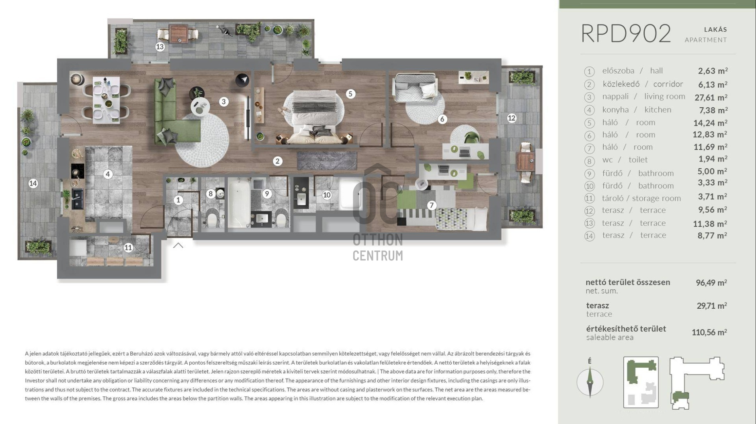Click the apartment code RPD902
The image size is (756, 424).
click(626, 33)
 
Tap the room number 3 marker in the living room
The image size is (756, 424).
click(224, 102)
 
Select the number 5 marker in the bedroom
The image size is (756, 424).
click(350, 94)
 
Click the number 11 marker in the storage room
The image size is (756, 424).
click(128, 248)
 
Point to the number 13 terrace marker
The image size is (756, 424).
click(160, 47)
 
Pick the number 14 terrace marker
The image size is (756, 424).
click(33, 184)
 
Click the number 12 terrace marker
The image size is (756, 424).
click(511, 118)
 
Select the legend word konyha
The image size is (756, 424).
click(615, 110)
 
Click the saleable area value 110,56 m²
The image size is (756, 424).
click(709, 332)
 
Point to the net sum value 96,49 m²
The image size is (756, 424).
click(711, 283)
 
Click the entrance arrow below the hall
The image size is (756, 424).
click(178, 245)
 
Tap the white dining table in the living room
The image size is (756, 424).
click(106, 100)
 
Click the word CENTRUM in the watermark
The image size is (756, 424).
click(378, 256)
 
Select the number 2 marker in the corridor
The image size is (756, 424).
click(277, 161)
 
